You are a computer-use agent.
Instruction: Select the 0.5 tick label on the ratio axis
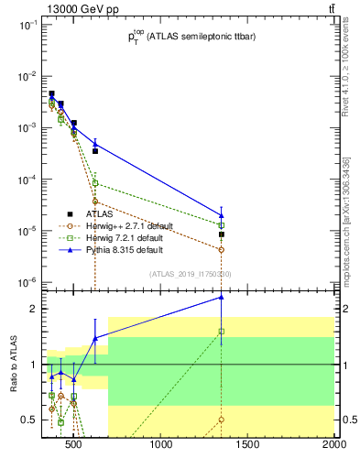[27, 420]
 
